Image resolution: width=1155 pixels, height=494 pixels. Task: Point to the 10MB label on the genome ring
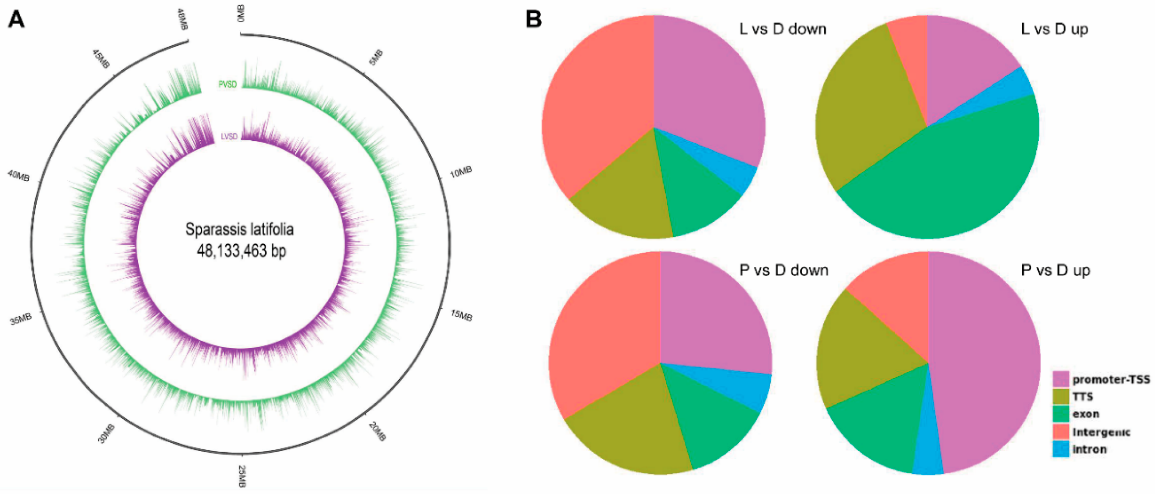click(x=461, y=172)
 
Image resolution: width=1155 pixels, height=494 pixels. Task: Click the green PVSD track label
click(x=227, y=84)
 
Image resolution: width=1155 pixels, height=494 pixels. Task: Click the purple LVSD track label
click(x=229, y=136)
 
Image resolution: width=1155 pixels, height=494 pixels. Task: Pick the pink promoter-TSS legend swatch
click(x=1060, y=379)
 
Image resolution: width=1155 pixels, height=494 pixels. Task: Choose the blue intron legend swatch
click(x=1060, y=449)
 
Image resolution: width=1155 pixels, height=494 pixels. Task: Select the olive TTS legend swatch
click(x=1060, y=397)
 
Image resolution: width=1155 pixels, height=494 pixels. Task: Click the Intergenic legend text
click(x=1101, y=432)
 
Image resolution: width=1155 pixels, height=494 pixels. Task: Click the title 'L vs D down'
click(x=782, y=29)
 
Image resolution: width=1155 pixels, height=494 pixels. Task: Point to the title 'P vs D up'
click(x=1055, y=271)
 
